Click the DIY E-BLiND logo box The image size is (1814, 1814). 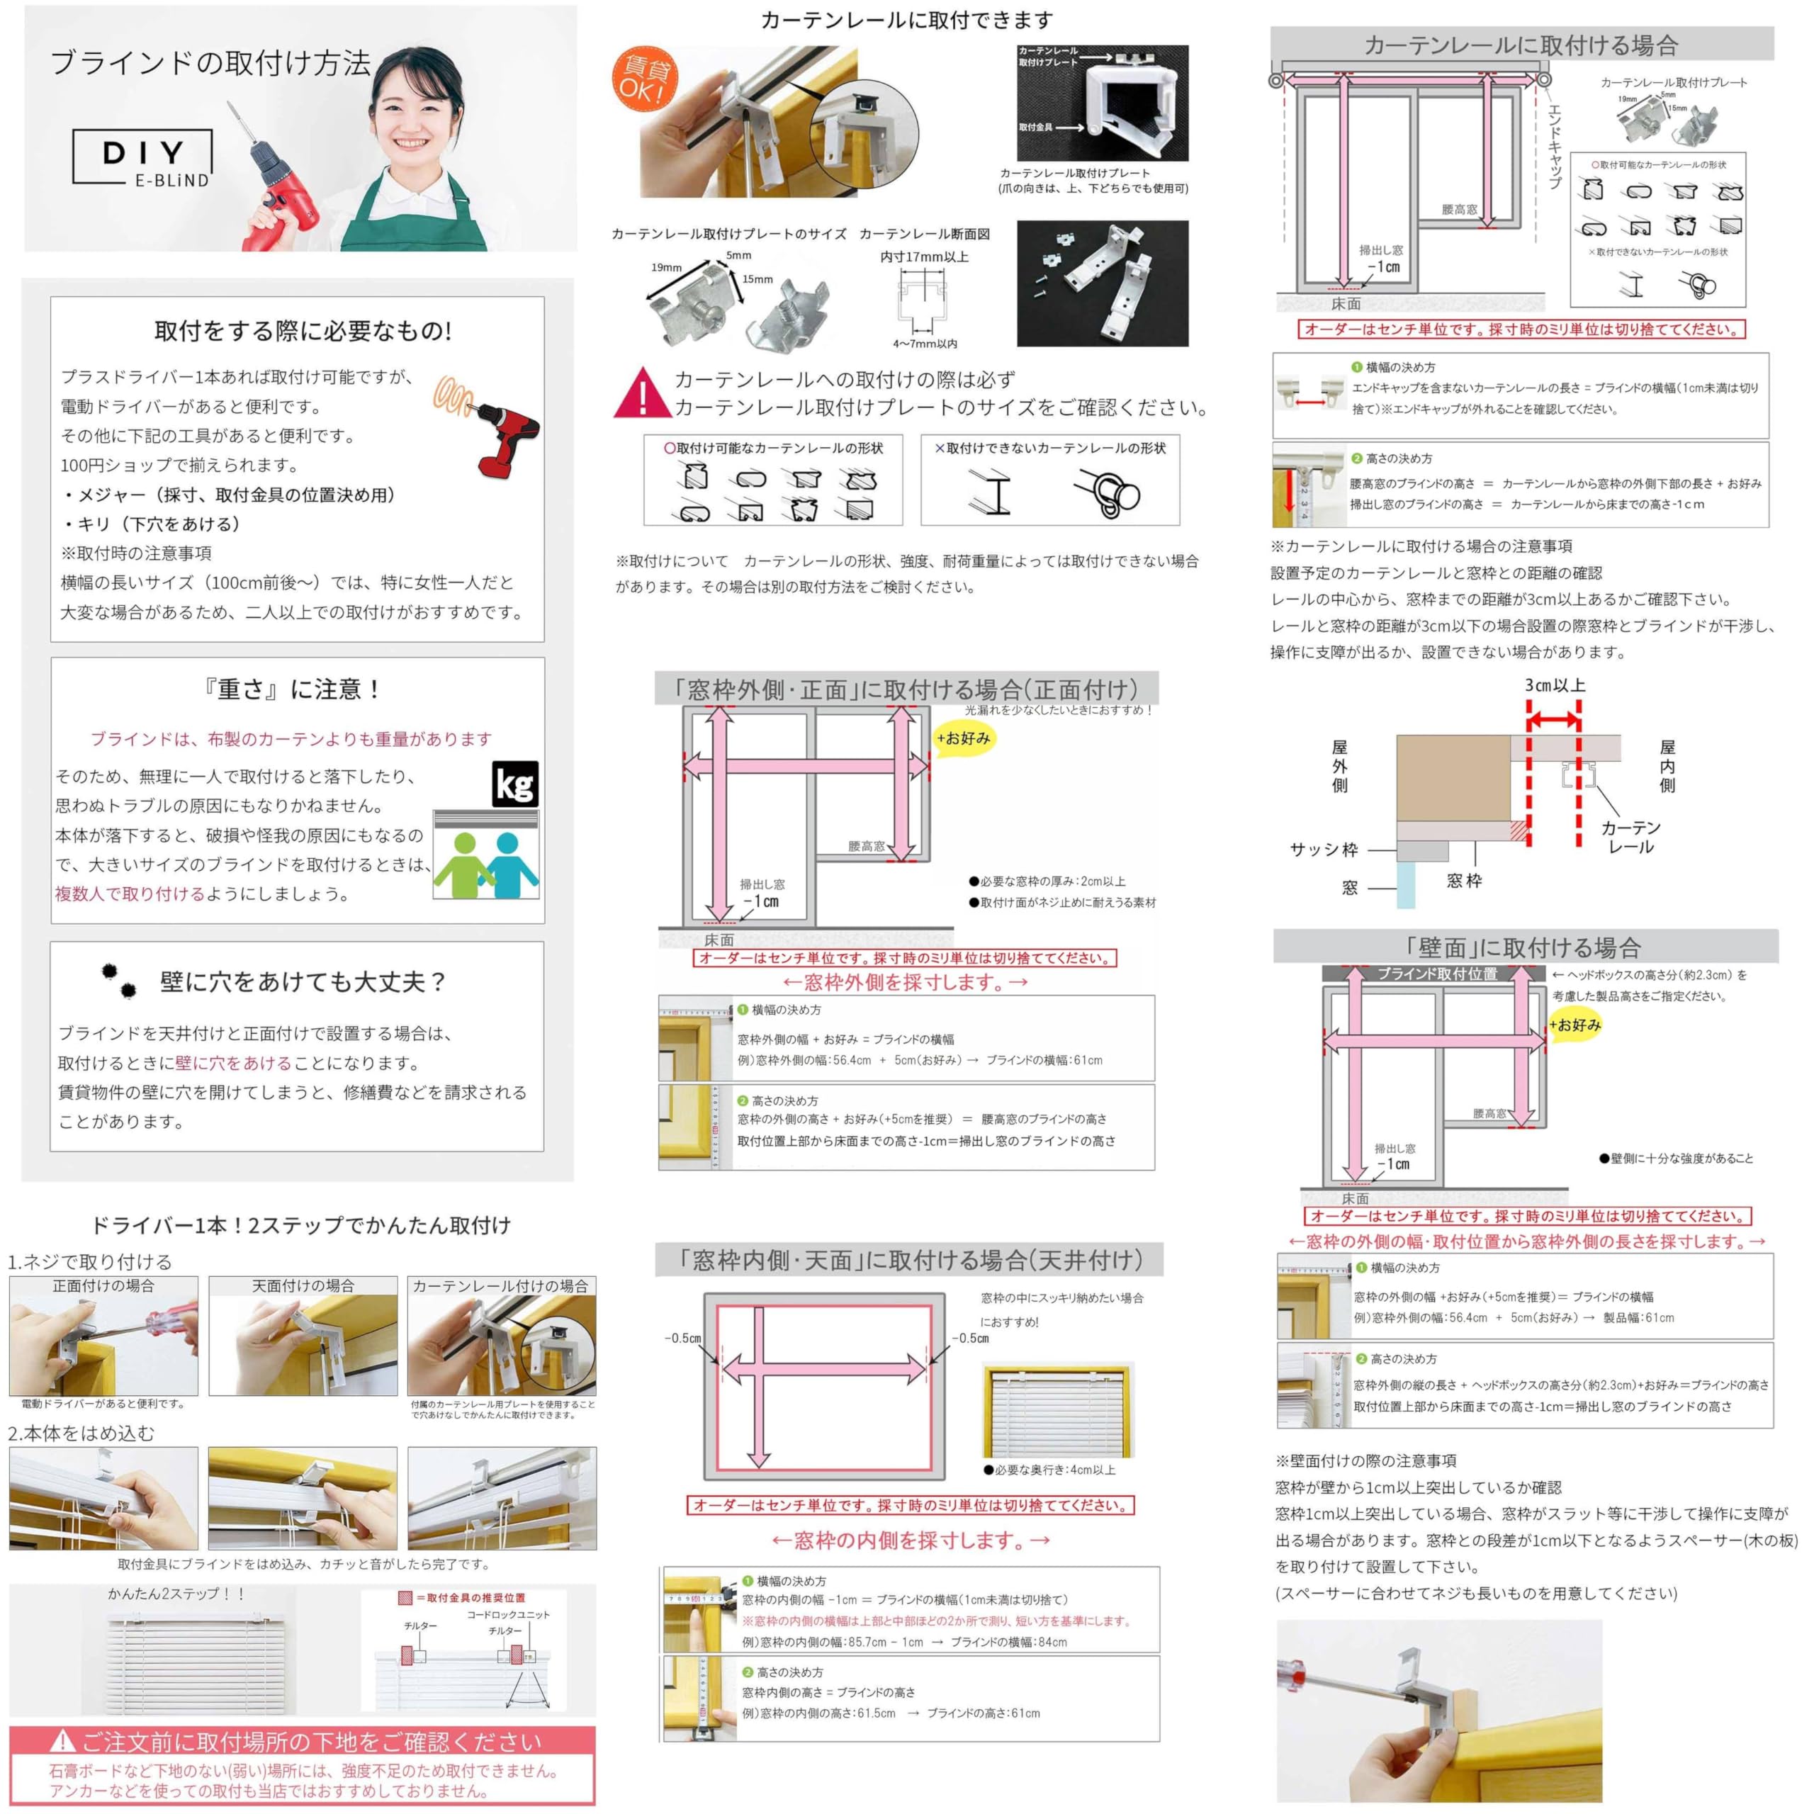pos(142,158)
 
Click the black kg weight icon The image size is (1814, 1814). pos(514,784)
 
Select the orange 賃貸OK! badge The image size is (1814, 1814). pos(642,79)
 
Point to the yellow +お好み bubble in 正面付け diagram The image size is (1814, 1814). pos(964,738)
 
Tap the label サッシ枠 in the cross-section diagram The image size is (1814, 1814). pos(1323,850)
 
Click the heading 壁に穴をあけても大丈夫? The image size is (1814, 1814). pos(303,982)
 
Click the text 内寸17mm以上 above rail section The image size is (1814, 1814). pos(924,257)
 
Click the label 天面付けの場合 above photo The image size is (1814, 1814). pos(303,1285)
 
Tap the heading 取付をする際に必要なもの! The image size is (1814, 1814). pos(303,330)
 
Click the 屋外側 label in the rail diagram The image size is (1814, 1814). pos(1339,766)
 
